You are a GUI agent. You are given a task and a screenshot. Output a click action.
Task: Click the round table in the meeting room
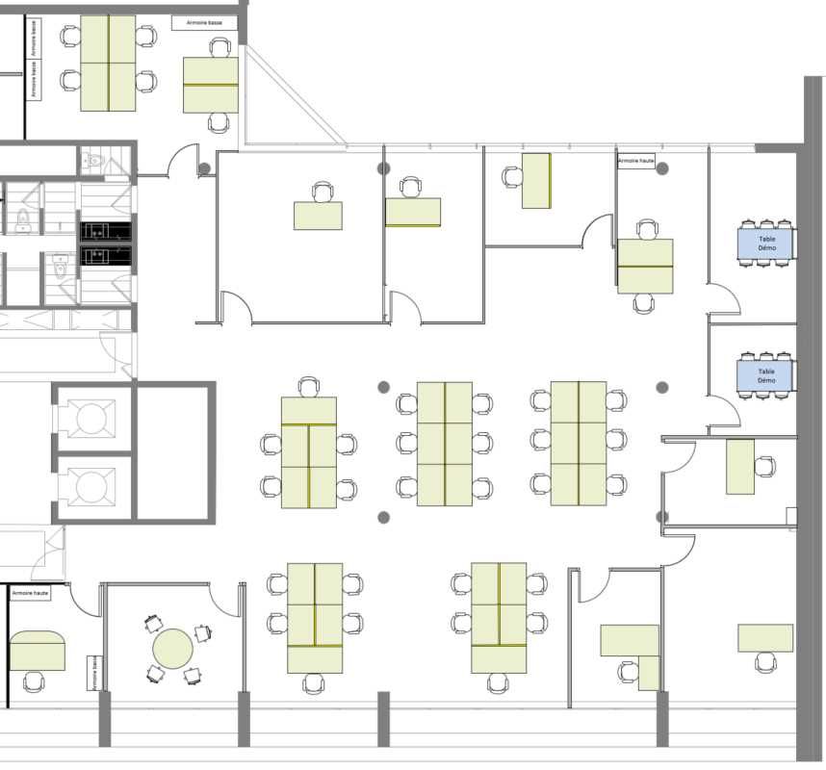tap(173, 648)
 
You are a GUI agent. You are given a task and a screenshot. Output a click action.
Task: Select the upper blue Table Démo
tap(766, 243)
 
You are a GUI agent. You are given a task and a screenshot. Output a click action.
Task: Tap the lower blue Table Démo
tap(766, 375)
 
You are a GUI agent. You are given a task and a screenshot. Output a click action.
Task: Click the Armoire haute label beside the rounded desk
tap(30, 594)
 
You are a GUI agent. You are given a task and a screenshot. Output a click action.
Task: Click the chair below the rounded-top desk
tap(34, 682)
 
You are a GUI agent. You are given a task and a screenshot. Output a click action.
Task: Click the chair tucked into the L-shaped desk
tap(629, 671)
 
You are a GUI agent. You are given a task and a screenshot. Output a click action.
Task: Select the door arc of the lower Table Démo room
tap(724, 414)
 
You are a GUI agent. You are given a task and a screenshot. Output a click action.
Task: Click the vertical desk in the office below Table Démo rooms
tap(739, 466)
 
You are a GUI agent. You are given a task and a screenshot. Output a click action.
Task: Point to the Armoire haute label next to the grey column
tap(635, 162)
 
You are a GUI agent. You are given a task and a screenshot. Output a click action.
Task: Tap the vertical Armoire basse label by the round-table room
tap(93, 673)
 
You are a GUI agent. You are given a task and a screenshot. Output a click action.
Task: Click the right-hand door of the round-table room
tap(227, 601)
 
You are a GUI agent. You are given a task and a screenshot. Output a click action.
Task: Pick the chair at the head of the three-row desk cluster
tap(308, 387)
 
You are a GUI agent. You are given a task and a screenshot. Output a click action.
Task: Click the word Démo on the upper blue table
tap(766, 248)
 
